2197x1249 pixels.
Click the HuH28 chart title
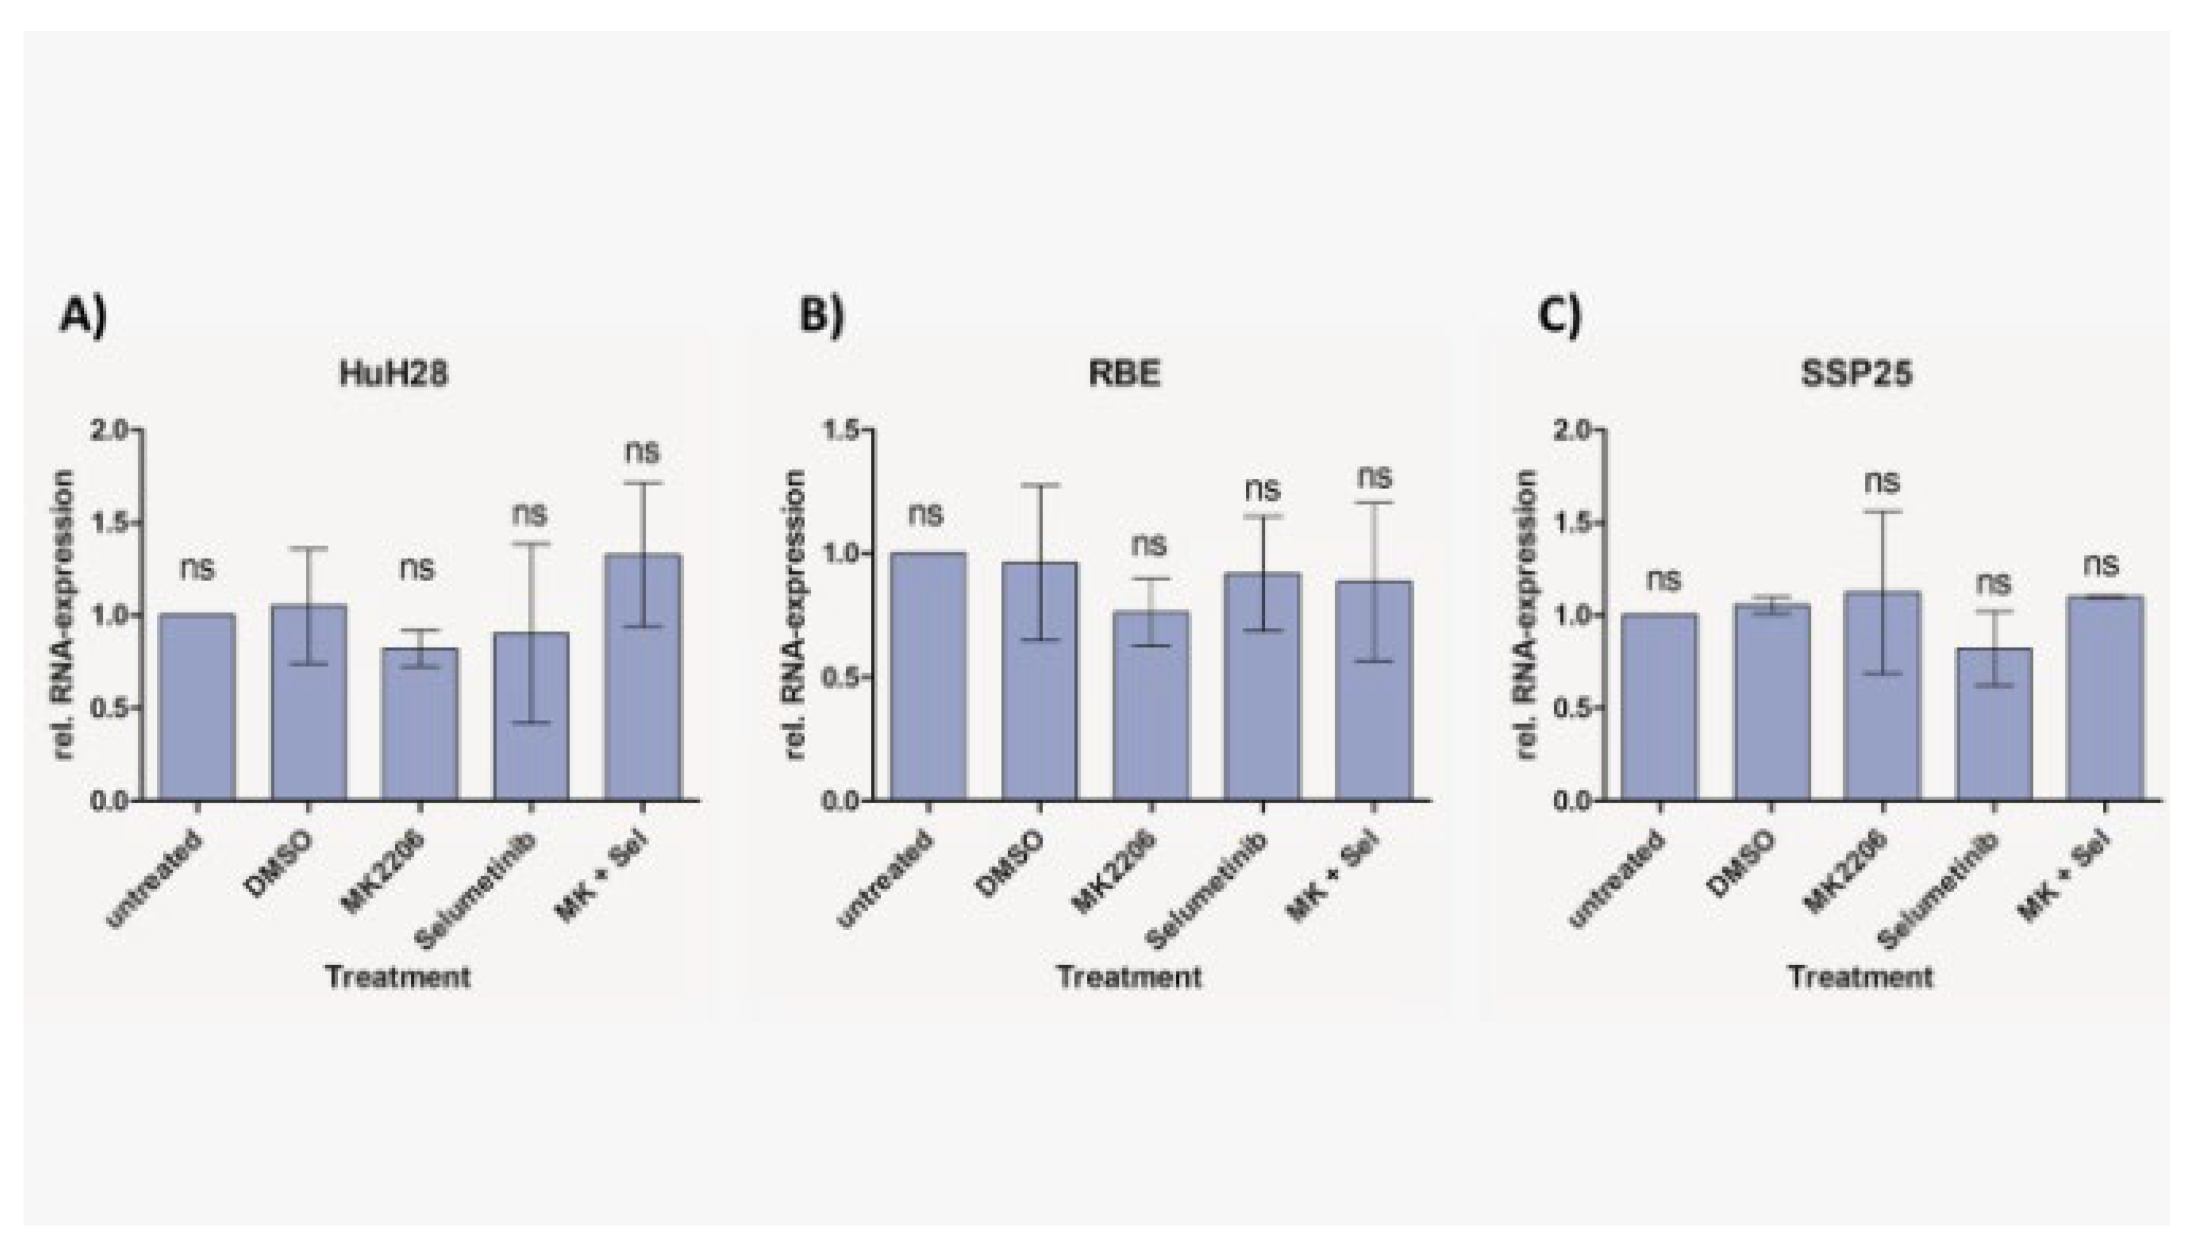coord(394,374)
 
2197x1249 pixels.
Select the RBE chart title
coord(1125,374)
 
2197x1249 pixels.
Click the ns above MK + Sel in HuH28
coord(643,452)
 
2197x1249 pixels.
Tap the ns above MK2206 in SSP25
coord(1882,481)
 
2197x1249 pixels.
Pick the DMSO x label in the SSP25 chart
coord(1742,865)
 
